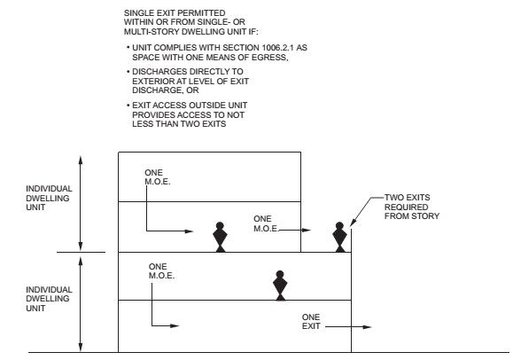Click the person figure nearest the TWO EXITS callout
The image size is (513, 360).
click(338, 236)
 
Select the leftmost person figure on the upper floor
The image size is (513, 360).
click(220, 236)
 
